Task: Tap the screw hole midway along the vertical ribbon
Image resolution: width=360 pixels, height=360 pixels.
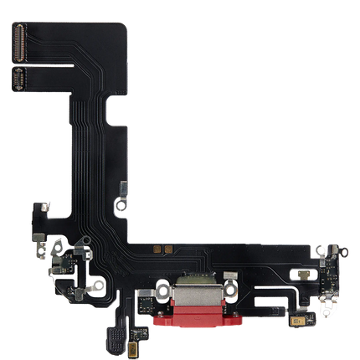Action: [121, 203]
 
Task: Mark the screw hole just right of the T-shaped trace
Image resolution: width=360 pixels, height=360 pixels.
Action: [99, 283]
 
